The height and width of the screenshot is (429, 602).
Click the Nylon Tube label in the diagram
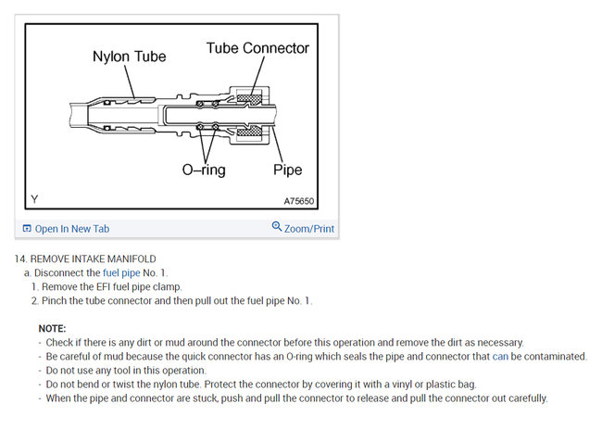click(x=129, y=57)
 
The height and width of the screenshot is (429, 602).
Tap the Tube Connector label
click(x=257, y=47)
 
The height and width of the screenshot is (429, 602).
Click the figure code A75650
click(x=302, y=200)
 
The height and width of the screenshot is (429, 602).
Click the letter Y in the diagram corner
click(x=34, y=199)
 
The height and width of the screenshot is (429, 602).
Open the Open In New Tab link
click(x=71, y=229)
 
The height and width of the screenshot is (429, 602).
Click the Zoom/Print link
click(x=309, y=229)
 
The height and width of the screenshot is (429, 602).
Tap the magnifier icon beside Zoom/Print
click(x=276, y=227)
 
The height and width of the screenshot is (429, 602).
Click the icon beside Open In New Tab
click(x=27, y=228)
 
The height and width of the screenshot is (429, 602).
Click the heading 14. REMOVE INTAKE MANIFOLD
click(x=85, y=259)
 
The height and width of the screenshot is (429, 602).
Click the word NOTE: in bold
click(x=53, y=329)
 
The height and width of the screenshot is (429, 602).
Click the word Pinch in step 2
click(x=56, y=301)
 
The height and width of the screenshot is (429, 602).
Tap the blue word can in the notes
click(x=499, y=357)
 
